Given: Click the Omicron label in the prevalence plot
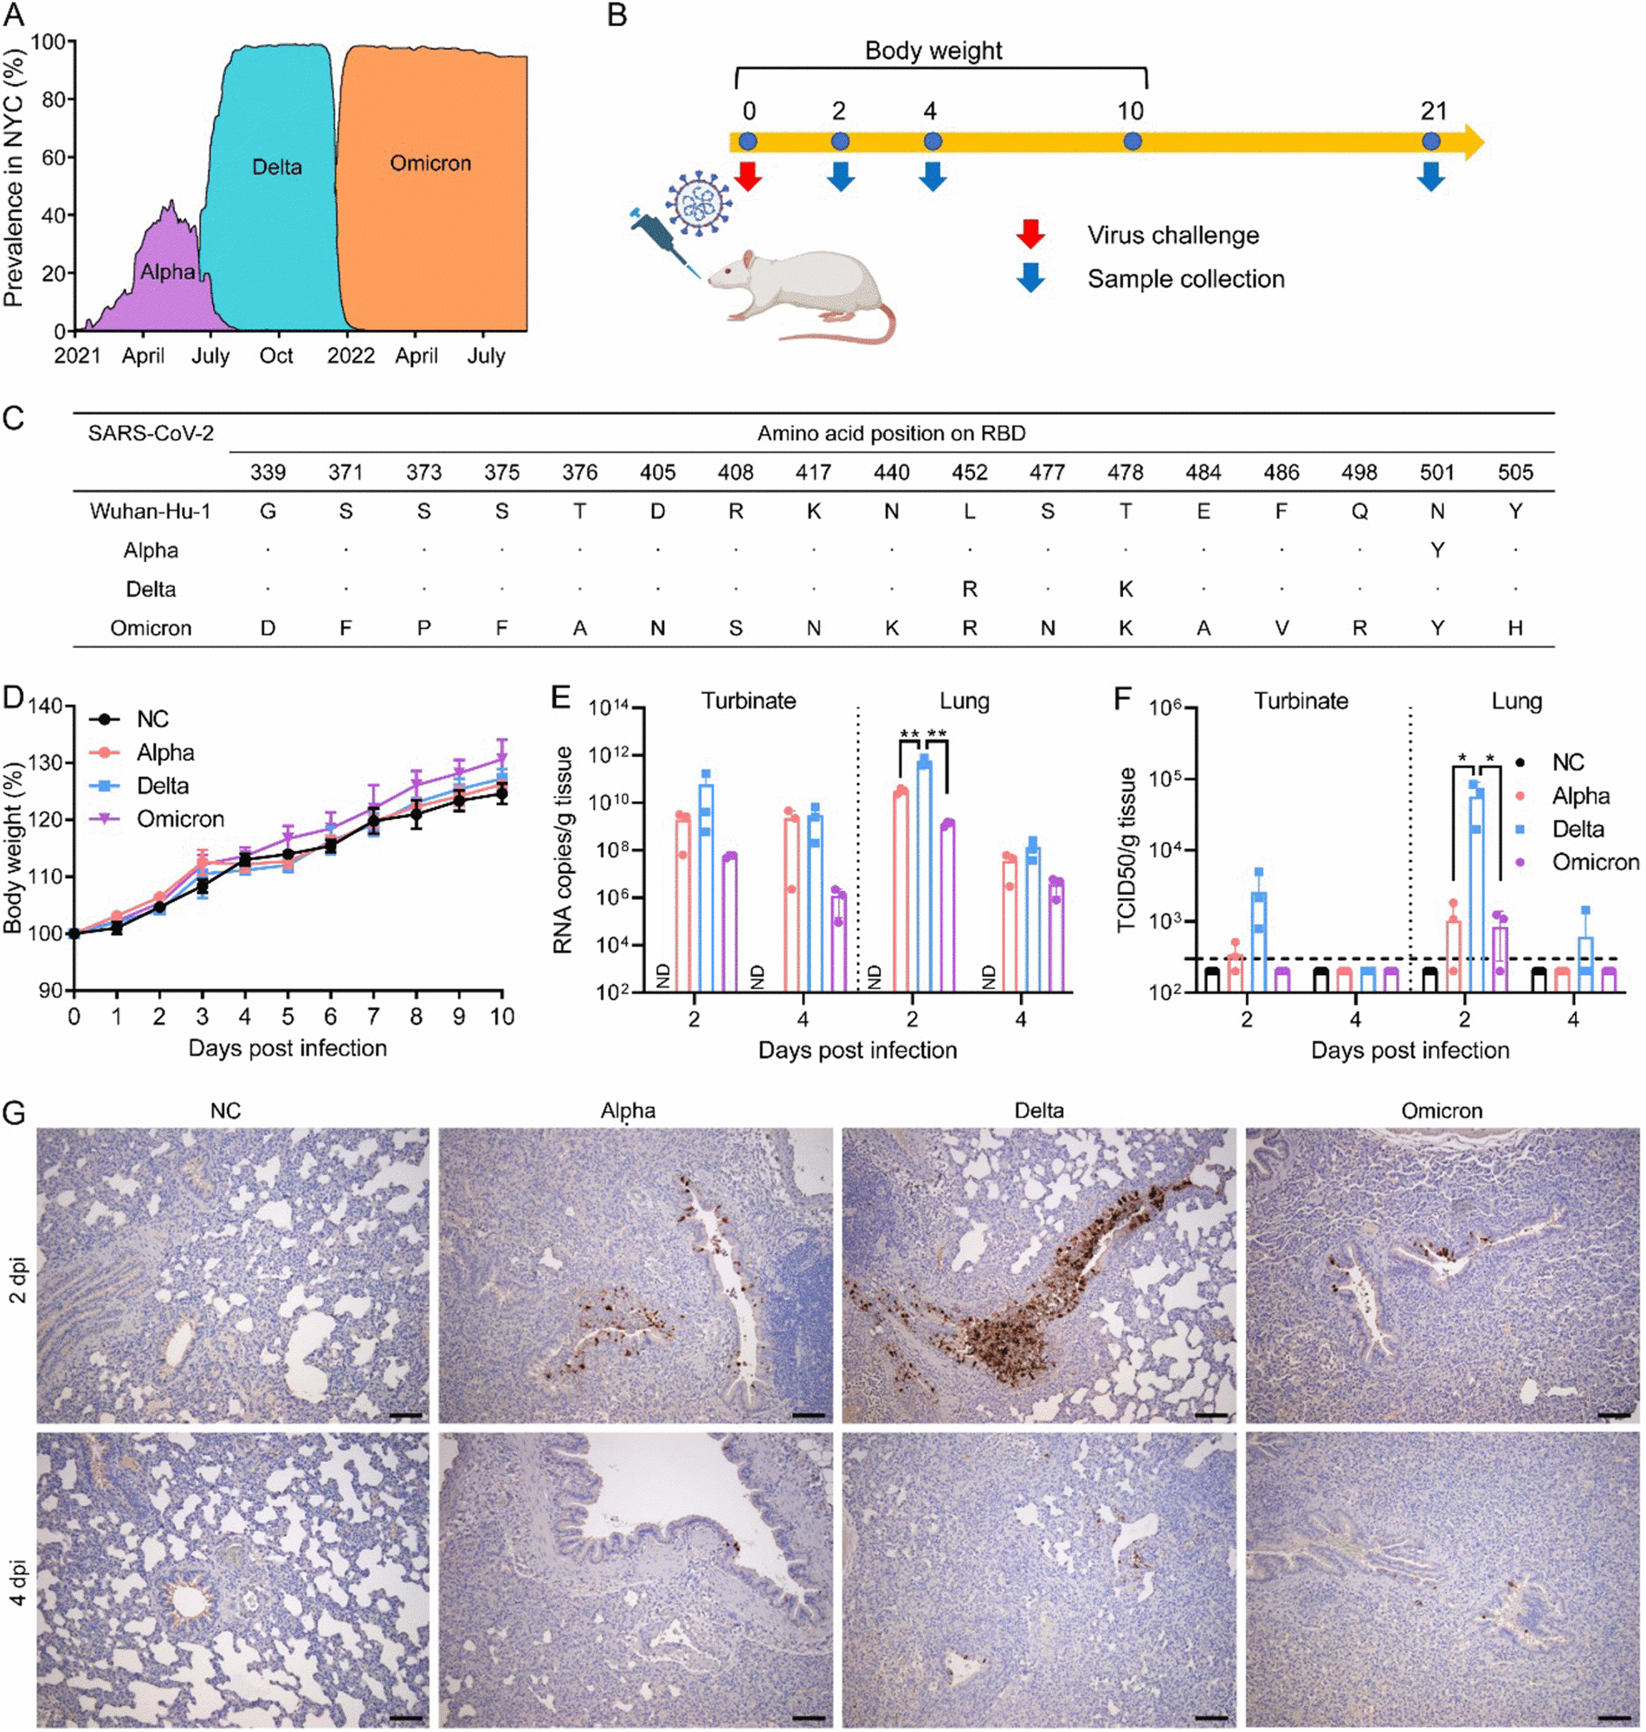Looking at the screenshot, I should (x=430, y=163).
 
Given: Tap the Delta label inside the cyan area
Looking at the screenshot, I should (x=276, y=167).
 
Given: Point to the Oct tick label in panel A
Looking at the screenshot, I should (x=276, y=356).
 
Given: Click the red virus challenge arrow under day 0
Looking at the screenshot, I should (x=747, y=176).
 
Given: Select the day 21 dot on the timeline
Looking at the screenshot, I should (x=1431, y=141).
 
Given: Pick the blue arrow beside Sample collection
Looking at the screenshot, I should (x=1030, y=277).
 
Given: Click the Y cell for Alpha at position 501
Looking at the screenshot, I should (x=1437, y=550).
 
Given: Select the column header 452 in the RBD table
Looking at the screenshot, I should (x=970, y=473).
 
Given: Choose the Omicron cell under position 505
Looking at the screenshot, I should (x=1515, y=628).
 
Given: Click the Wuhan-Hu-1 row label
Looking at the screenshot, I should (x=150, y=512).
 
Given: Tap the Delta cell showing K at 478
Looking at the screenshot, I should (x=1126, y=590).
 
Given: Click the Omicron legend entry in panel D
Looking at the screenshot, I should (x=180, y=819).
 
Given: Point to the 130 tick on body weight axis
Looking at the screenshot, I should (x=48, y=763).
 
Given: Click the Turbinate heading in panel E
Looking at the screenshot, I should (x=748, y=701).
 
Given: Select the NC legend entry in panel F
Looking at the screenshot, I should (x=1567, y=762).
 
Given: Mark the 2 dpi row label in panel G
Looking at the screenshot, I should (x=17, y=1280).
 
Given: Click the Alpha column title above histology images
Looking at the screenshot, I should (x=628, y=1111).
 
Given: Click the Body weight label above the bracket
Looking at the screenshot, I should (x=933, y=51).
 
